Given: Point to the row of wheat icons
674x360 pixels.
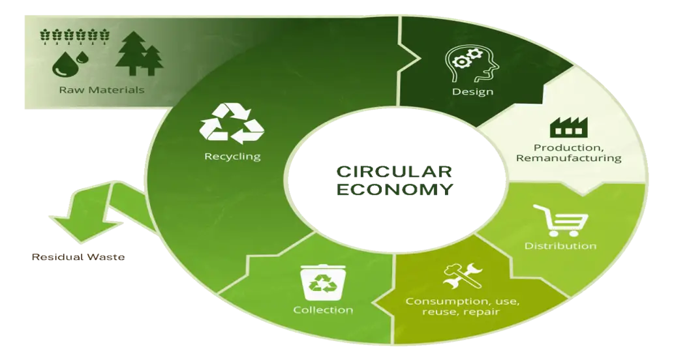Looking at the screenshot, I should tap(75, 35).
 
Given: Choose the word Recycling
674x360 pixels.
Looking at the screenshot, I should tap(232, 156).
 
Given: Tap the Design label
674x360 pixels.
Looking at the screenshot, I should tap(472, 91).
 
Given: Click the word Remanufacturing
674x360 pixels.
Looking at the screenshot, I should tap(568, 158).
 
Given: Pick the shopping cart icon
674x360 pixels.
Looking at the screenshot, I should tap(560, 220).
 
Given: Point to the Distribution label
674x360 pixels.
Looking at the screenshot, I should tap(560, 246).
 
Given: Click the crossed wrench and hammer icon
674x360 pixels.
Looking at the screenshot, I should tap(463, 277).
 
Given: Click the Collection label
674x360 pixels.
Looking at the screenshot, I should tap(323, 310).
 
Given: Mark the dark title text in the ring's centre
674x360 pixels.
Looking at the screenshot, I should tap(394, 180).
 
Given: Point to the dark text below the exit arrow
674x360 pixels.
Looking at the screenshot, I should tap(78, 256).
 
